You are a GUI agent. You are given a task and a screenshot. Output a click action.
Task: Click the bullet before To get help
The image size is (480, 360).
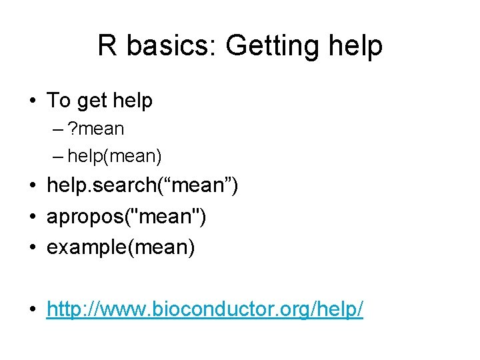(32, 101)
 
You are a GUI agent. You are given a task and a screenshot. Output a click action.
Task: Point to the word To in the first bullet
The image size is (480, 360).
(58, 101)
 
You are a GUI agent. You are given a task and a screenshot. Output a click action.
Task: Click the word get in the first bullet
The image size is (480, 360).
(91, 101)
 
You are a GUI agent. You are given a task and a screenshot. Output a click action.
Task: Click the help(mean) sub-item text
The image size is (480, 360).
(115, 156)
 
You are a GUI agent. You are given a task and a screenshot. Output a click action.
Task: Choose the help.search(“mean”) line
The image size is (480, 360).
(142, 186)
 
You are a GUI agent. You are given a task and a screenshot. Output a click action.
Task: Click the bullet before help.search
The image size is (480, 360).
(32, 187)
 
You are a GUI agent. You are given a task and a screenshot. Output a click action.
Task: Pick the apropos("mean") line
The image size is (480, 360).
(126, 217)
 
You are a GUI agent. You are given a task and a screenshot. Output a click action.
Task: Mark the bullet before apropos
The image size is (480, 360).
(32, 217)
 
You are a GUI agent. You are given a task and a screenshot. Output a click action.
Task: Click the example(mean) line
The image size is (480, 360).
(121, 247)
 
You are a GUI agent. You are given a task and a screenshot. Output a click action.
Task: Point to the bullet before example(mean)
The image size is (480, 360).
(32, 248)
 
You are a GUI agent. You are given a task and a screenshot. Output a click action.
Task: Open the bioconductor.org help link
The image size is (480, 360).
(205, 309)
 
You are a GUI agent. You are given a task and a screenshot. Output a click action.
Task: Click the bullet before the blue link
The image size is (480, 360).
(32, 310)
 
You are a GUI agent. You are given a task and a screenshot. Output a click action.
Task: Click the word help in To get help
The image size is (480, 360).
(133, 101)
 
